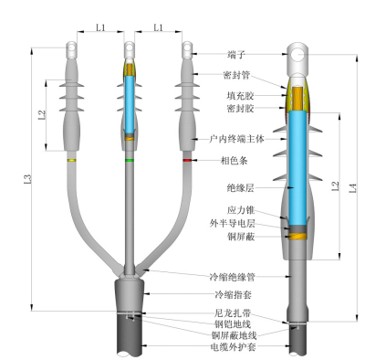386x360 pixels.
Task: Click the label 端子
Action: click(236, 55)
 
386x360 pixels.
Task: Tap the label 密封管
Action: click(236, 75)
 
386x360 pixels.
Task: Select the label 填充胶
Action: click(240, 96)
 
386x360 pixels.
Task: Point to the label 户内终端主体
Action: click(236, 139)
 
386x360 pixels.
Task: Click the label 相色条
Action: click(234, 161)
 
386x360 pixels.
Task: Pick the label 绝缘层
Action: click(240, 188)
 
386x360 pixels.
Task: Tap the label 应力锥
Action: click(241, 210)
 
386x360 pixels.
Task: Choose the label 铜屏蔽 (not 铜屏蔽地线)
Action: click(241, 237)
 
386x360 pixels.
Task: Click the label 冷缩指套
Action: click(234, 294)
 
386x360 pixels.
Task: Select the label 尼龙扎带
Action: click(233, 312)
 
